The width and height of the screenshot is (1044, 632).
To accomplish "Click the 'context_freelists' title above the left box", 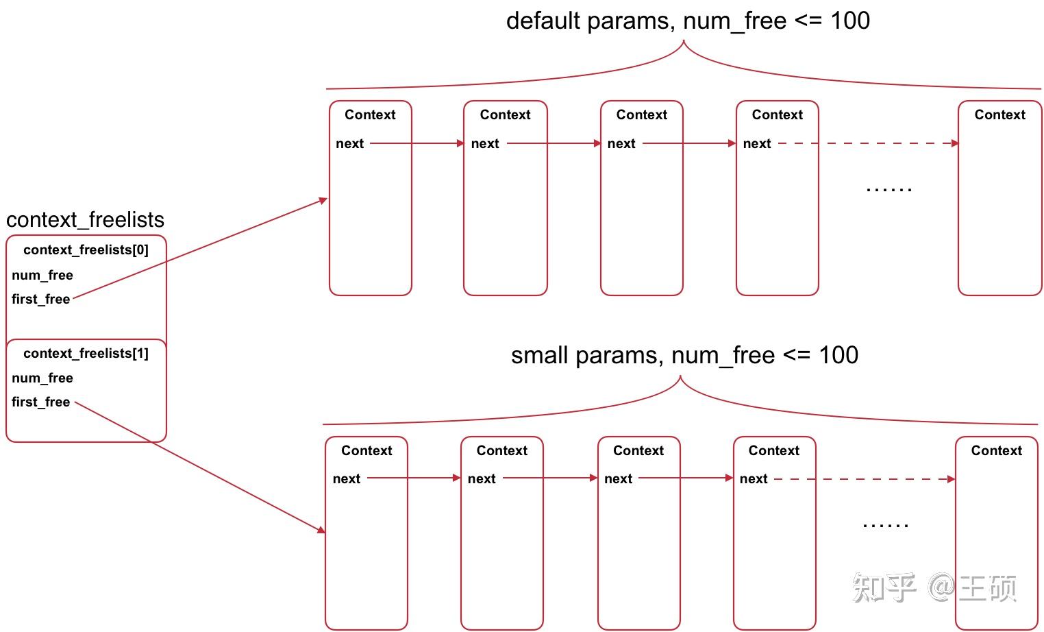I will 85,219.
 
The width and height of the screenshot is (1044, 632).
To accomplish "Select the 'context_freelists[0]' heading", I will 86,250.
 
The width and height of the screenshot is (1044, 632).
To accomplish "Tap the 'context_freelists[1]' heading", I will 86,353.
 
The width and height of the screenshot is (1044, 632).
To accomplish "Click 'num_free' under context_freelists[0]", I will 42,275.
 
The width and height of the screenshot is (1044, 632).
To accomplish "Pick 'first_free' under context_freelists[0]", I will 41,299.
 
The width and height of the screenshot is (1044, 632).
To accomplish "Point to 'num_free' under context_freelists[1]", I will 42,378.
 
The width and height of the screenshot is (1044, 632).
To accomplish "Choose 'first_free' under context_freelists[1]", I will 41,402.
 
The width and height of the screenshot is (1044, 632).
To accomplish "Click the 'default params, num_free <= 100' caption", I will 688,21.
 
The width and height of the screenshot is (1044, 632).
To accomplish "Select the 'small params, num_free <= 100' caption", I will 684,355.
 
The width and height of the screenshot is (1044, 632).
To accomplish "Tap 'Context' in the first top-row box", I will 370,114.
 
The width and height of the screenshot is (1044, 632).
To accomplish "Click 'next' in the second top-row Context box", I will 485,143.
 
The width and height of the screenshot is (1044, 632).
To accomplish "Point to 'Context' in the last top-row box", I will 999,114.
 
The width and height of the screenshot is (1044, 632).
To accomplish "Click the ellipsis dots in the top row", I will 888,189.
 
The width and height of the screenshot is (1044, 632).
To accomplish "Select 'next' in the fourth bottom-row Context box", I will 754,478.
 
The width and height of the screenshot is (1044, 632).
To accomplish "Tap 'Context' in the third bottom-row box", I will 638,450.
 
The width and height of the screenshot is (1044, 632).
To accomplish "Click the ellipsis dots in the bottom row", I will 885,526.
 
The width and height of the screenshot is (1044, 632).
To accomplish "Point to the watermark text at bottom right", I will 934,588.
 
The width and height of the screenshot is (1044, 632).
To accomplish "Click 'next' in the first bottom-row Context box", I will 347,478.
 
